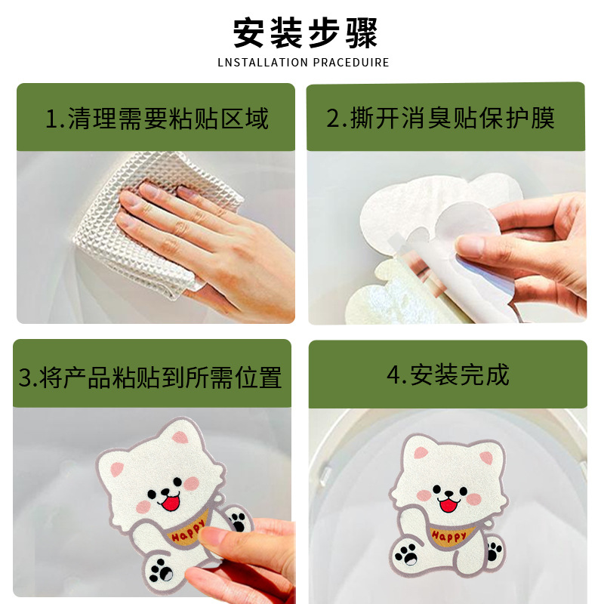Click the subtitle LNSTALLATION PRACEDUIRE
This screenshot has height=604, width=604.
(303, 62)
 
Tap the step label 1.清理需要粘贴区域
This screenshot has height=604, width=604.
(156, 119)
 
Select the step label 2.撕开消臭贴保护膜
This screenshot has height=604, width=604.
(441, 119)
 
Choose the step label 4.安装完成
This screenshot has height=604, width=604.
(448, 375)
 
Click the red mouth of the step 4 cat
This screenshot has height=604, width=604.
(451, 503)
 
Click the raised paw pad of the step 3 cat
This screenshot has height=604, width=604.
(238, 521)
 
